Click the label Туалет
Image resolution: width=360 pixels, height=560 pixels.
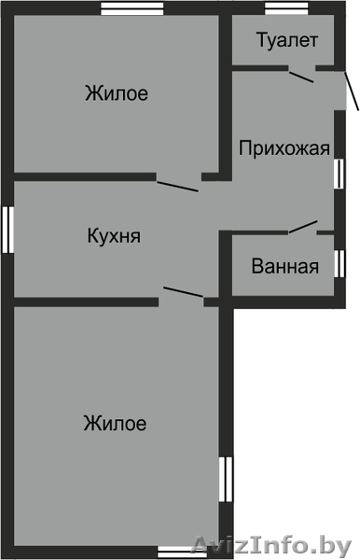(288, 41)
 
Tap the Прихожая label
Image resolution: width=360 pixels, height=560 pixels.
(284, 147)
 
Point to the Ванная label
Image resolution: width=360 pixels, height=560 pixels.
(285, 266)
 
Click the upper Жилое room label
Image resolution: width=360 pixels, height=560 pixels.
(117, 93)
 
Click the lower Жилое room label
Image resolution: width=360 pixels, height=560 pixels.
(115, 424)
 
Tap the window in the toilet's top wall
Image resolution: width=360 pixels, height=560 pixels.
(281, 7)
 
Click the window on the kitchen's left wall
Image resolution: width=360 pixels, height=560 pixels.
(7, 228)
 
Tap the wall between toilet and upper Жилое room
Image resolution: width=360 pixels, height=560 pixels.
(225, 37)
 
